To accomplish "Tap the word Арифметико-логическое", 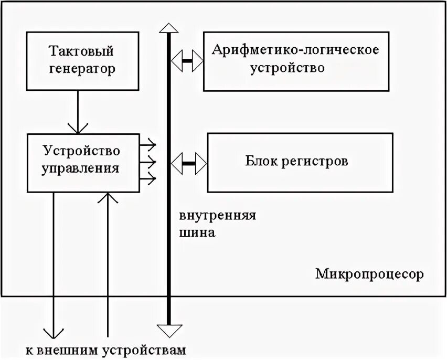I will point(295,50).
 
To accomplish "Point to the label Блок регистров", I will point(296,161).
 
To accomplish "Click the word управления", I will point(80,168).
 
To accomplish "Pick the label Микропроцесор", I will point(369,274).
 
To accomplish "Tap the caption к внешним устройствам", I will point(105,350).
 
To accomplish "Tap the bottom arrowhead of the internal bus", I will point(168,330).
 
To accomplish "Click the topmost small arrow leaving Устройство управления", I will point(148,143).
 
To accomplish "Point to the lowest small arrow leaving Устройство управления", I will point(148,179).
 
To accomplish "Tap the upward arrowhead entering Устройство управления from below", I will point(108,198).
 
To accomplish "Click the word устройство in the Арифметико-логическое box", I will point(287,68).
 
